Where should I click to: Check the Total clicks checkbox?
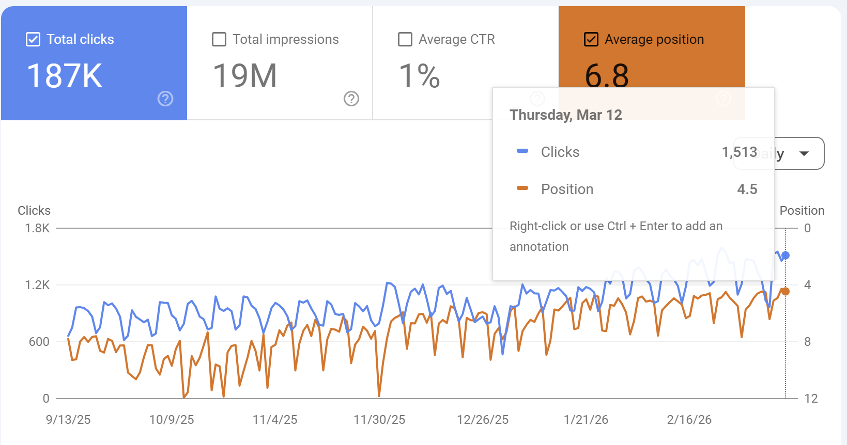[33, 39]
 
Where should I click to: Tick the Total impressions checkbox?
[219, 39]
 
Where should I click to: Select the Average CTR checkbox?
[405, 39]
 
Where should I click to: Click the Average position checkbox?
[591, 39]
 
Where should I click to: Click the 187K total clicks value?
[65, 76]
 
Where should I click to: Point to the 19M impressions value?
[245, 76]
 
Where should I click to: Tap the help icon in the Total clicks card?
[165, 99]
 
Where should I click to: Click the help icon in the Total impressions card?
[351, 99]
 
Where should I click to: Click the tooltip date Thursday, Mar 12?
[566, 115]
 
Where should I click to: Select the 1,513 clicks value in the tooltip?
[740, 152]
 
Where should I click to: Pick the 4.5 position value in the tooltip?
[747, 189]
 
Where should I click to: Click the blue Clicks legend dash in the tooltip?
[522, 151]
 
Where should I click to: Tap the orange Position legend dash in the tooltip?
[522, 188]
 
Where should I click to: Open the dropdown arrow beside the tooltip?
[804, 153]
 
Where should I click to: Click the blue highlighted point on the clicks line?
[786, 256]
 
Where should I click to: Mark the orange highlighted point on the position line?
[786, 291]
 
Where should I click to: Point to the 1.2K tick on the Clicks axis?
[37, 285]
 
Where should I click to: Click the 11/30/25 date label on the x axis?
[379, 420]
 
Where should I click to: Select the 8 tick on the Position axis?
[807, 342]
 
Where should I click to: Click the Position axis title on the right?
[802, 211]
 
